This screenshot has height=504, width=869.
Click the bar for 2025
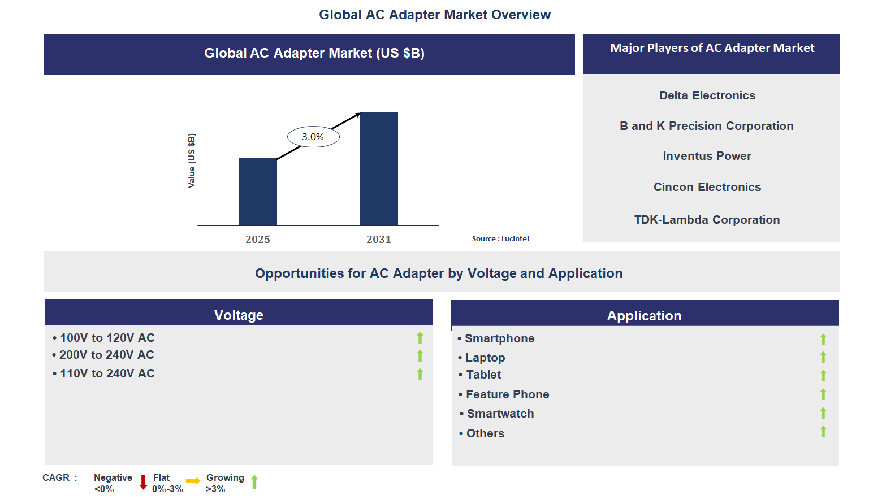[x=258, y=192]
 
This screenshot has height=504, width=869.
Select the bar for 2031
[x=379, y=169]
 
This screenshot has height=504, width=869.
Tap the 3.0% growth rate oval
[x=313, y=137]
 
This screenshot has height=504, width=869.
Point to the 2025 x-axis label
[x=258, y=240]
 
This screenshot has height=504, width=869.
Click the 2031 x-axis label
[x=379, y=240]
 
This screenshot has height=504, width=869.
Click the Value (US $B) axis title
[x=192, y=161]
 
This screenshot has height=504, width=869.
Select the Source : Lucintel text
[x=500, y=239]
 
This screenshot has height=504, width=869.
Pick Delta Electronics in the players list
[x=707, y=95]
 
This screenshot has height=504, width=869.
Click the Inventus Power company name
[x=707, y=156]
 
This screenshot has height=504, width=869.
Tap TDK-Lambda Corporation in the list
[x=707, y=220]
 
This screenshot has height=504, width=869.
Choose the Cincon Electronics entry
[x=707, y=187]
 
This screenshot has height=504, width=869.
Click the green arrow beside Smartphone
[x=823, y=339]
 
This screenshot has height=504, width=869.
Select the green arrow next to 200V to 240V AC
[x=420, y=355]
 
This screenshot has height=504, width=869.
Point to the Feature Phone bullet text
[x=507, y=394]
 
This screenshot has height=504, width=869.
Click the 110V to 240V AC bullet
[x=107, y=373]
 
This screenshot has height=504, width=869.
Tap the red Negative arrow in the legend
[x=143, y=483]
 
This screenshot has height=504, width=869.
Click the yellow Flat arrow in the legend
[x=193, y=481]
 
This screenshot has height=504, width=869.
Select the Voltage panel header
[x=239, y=315]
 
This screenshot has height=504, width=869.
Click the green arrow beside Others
[x=823, y=432]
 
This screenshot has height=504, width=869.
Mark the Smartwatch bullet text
[x=500, y=414]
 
